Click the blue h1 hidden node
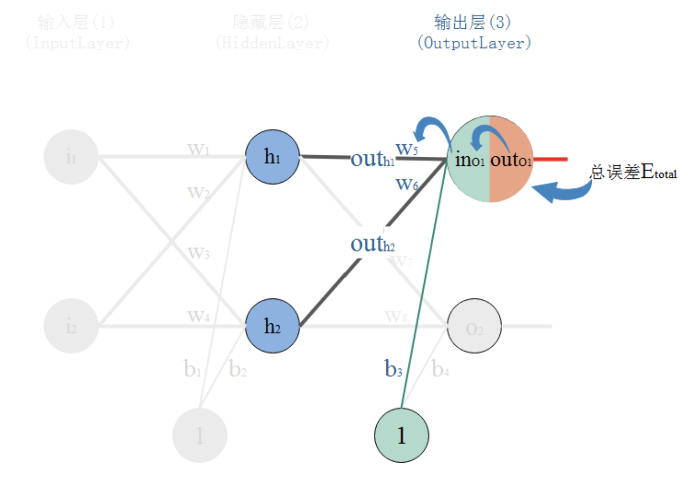tap(272, 157)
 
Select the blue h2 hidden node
tap(272, 326)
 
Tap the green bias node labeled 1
tap(401, 435)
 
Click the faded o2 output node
tap(474, 326)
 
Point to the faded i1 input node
tap(71, 157)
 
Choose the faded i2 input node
tap(71, 326)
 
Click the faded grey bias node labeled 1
tap(199, 435)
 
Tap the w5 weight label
tap(407, 149)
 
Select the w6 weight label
tap(407, 184)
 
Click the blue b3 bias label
tap(393, 369)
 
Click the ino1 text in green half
tap(470, 160)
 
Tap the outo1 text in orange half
tap(511, 160)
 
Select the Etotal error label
tap(634, 172)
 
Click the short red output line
tap(551, 159)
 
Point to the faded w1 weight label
tap(198, 149)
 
